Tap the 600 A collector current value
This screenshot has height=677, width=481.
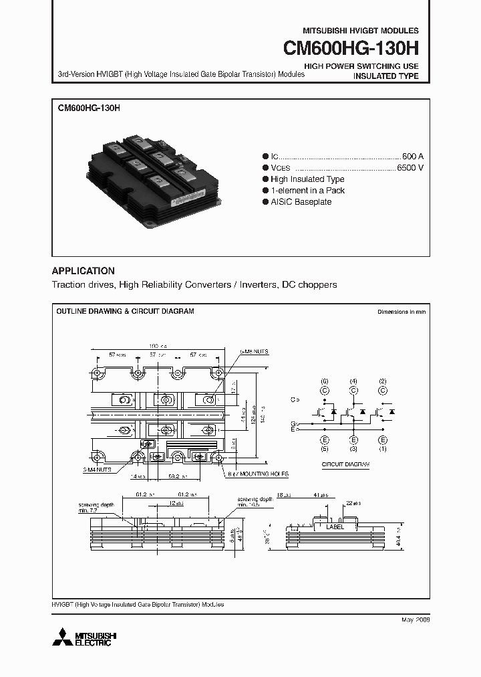[412, 155]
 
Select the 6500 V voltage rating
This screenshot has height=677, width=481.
[410, 167]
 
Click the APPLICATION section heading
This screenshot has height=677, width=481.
[83, 271]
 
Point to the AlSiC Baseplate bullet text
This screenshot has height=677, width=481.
[301, 202]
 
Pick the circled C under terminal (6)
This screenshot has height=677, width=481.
[324, 390]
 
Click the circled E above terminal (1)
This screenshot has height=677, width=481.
[383, 440]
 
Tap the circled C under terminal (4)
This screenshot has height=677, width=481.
[353, 390]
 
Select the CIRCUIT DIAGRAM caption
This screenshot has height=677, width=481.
[341, 463]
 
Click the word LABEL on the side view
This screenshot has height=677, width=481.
[335, 527]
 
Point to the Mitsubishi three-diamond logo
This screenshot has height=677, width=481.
[63, 636]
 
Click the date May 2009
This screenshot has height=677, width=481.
[415, 620]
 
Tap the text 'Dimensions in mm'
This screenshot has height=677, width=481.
[401, 312]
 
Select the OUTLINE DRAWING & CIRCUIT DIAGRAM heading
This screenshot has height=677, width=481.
[125, 312]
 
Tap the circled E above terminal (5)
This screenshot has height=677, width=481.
[324, 440]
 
